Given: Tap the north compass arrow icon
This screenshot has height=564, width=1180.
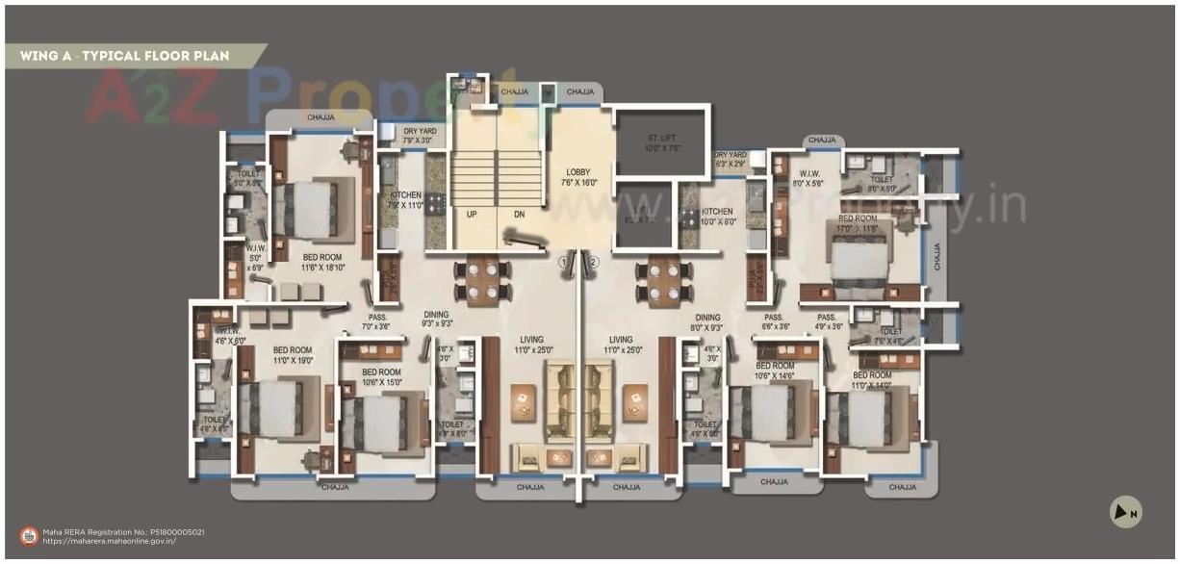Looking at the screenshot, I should [1124, 512].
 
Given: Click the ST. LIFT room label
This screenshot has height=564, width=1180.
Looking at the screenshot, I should [662, 143].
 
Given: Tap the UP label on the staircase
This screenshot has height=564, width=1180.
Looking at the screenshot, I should [472, 215].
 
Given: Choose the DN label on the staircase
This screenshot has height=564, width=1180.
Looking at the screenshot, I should [519, 215].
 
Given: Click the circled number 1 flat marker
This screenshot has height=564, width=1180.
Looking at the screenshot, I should [565, 262].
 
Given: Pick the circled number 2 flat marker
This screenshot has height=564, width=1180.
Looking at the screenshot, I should [594, 262].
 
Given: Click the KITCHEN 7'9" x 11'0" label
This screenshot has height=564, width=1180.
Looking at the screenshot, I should [406, 200].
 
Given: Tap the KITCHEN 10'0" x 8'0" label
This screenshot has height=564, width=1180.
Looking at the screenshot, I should [717, 217].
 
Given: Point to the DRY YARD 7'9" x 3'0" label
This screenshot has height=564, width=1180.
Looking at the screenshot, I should [420, 136].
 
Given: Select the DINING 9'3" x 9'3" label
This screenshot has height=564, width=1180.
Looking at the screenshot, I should [435, 320].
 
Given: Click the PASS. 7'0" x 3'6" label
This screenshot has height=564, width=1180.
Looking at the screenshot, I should [377, 321].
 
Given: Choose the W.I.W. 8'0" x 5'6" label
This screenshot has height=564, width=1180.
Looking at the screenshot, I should [808, 178].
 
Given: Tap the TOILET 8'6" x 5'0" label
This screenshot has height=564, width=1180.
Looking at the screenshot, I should [881, 184].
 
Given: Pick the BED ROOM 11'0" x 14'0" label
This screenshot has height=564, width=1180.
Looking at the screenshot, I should [872, 380].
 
